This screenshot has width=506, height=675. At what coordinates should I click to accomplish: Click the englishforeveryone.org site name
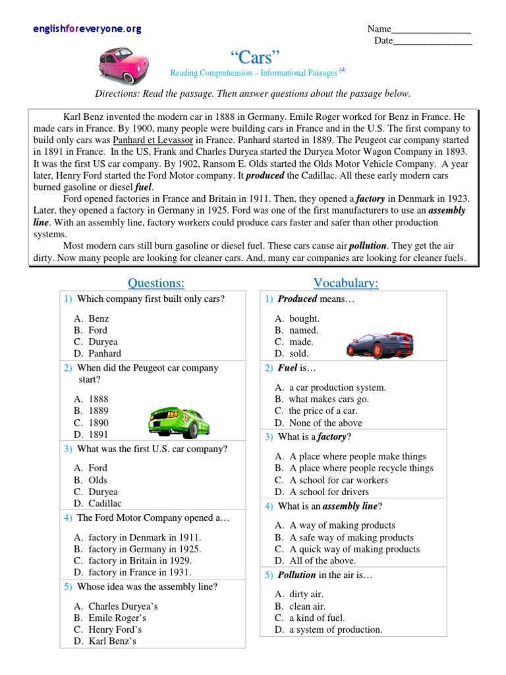(x=87, y=30)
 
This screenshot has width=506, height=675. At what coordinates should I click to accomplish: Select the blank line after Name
(x=431, y=30)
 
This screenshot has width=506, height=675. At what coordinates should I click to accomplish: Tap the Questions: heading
(x=155, y=283)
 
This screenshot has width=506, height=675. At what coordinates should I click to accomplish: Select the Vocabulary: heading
(x=346, y=283)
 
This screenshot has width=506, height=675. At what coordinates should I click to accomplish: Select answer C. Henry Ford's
(x=116, y=629)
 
